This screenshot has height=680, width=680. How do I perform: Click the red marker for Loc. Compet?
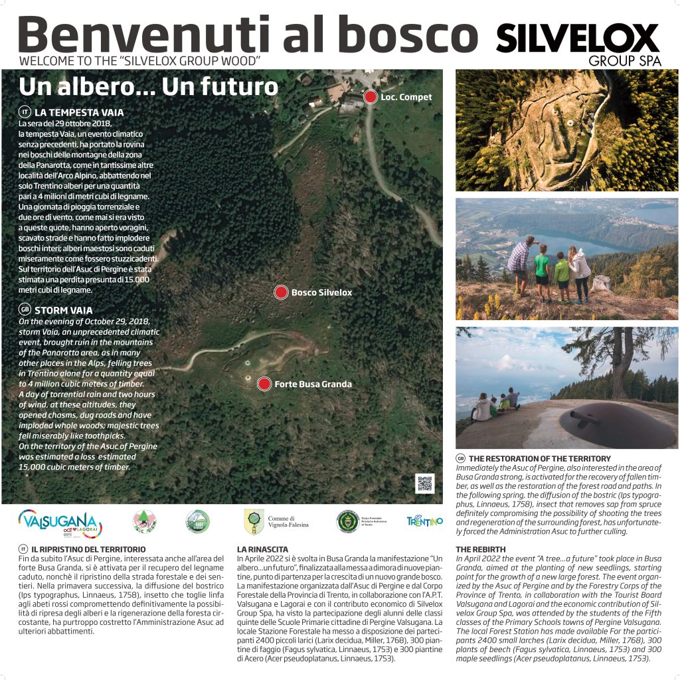pyautogui.click(x=371, y=97)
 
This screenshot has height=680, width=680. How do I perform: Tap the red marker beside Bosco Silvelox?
pyautogui.click(x=281, y=292)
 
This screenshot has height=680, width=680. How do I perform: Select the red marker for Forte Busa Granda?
pyautogui.click(x=264, y=384)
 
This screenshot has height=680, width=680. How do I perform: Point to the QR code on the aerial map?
pyautogui.click(x=424, y=483)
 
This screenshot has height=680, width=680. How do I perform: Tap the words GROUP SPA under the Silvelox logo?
pyautogui.click(x=624, y=61)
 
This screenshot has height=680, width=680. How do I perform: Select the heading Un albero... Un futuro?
pyautogui.click(x=148, y=86)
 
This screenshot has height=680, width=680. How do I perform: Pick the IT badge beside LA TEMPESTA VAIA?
pyautogui.click(x=25, y=112)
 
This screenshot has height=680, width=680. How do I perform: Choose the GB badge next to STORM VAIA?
pyautogui.click(x=25, y=309)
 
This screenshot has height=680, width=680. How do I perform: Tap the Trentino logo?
pyautogui.click(x=424, y=521)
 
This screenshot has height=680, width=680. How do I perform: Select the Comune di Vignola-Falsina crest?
pyautogui.click(x=254, y=521)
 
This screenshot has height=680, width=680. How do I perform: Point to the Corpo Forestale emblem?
pyautogui.click(x=347, y=521)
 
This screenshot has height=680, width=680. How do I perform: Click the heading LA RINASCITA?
pyautogui.click(x=262, y=549)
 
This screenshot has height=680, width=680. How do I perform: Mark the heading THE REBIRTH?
pyautogui.click(x=481, y=549)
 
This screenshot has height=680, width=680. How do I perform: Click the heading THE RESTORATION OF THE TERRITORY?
pyautogui.click(x=539, y=458)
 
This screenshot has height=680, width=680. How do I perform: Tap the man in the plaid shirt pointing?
pyautogui.click(x=520, y=263)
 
